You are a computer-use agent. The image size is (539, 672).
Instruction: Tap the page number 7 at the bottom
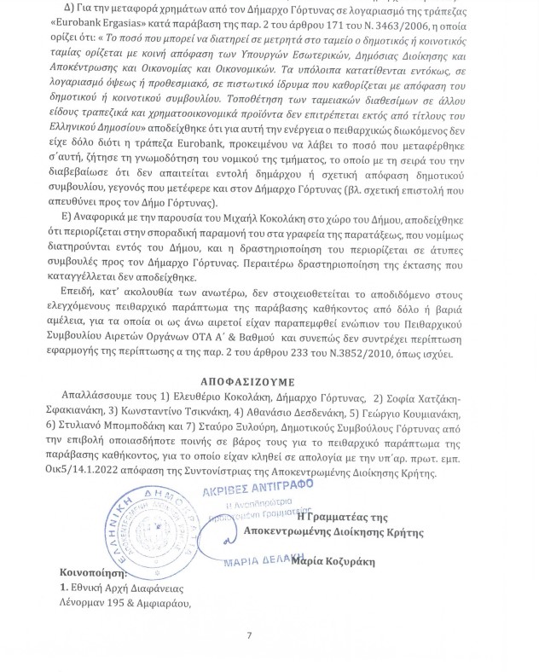(x=250, y=634)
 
